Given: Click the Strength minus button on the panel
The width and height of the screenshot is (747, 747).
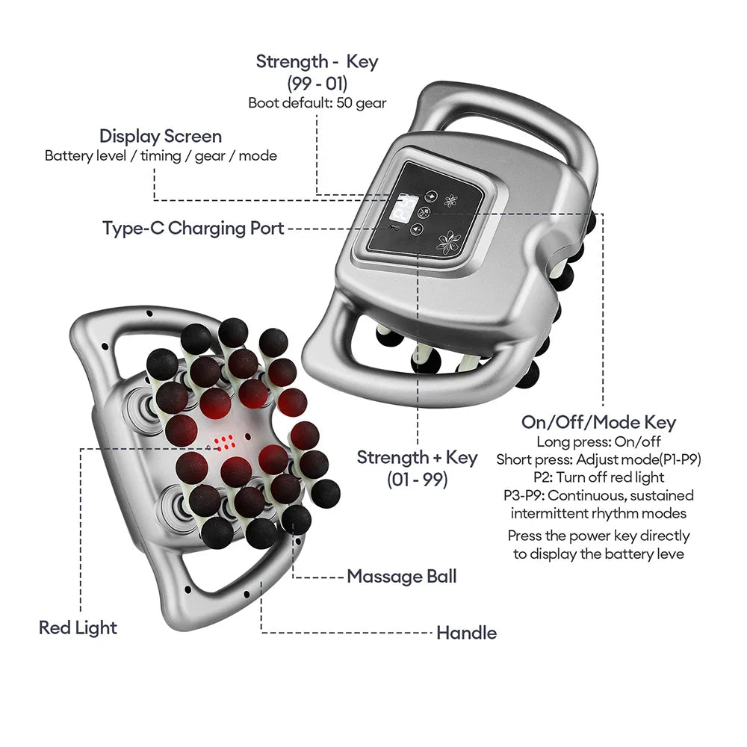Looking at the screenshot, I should point(431,196).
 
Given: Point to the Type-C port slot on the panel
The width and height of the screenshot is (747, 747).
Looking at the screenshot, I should point(394,228).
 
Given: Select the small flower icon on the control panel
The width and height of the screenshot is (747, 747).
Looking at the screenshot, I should point(451,201).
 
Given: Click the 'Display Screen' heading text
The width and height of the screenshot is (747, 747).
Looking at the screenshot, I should point(161,137).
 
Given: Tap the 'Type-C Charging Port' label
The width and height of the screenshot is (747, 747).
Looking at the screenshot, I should point(193,228).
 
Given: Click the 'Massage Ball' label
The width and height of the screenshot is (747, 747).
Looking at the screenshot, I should point(401,577).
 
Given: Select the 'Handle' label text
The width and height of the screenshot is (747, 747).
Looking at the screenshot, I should point(466,633).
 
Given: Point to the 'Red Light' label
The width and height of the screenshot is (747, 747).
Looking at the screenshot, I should point(78,627).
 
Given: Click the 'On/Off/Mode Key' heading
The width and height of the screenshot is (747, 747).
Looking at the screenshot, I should point(598,422).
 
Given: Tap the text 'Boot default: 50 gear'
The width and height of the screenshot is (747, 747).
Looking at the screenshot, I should point(317,103).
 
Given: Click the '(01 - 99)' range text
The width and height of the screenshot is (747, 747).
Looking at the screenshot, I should point(417,479).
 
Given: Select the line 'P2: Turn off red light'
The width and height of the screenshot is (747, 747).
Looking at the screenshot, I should point(598,477).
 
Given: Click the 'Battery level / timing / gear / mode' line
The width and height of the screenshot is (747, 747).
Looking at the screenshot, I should point(161,156).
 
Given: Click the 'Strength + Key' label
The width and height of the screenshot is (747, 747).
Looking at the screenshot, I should point(417,457).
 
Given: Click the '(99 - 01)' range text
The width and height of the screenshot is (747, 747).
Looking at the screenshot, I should point(317,83).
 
